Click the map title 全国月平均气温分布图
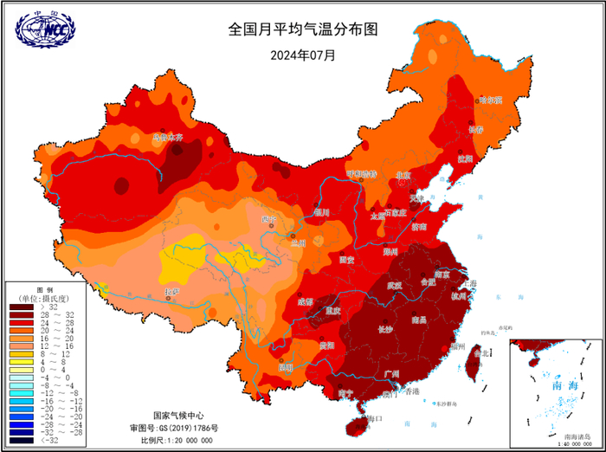tap(303, 29)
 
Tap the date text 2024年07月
tap(303, 55)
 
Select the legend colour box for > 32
tap(21, 306)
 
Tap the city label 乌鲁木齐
tap(168, 137)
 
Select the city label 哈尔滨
tap(490, 100)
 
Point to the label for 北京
tap(403, 176)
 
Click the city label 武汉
tap(394, 285)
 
